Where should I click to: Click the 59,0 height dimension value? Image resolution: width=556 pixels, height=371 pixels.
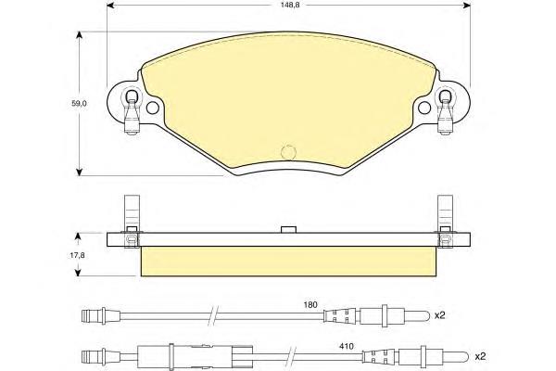(x=80, y=104)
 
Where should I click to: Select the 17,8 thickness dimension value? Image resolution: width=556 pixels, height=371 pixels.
(x=77, y=255)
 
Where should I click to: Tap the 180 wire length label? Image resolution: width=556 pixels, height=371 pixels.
(x=310, y=304)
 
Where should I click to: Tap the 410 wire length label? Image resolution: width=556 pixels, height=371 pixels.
(x=347, y=346)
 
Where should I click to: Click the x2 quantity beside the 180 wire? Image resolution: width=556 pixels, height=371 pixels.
(x=439, y=315)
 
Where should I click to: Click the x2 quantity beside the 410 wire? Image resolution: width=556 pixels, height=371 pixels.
(x=480, y=356)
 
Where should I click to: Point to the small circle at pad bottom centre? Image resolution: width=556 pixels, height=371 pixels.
(x=288, y=152)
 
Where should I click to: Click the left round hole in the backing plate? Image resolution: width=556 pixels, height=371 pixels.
(x=153, y=108)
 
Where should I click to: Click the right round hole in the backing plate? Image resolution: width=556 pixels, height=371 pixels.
(x=424, y=108)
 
